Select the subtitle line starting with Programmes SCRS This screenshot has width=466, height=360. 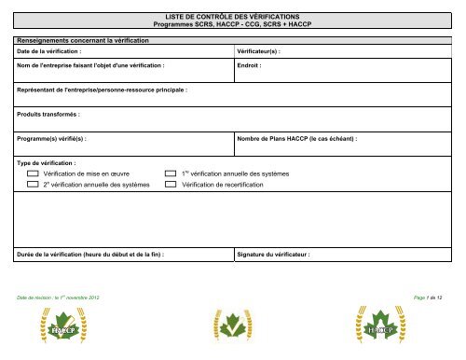click(232, 25)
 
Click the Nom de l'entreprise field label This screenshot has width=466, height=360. click(91, 67)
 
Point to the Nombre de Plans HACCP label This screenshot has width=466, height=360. click(298, 139)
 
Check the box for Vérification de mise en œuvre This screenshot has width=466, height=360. click(34, 174)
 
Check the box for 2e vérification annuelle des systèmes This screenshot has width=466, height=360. click(34, 186)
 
